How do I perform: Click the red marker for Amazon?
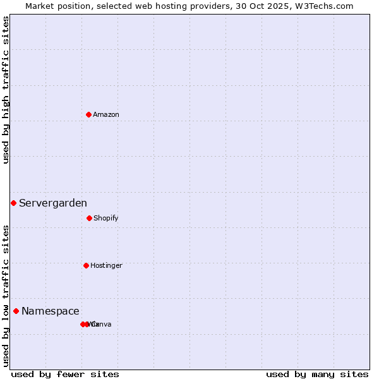click(88, 114)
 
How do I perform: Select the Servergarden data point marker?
click(13, 203)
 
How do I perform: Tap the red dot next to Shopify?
click(89, 218)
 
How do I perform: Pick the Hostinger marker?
click(86, 265)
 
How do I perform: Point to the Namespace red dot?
click(16, 311)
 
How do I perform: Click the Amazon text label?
click(106, 114)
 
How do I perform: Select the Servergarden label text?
click(53, 203)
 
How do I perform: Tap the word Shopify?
click(105, 218)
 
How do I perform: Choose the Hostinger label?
click(106, 265)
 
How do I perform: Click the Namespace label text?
click(51, 311)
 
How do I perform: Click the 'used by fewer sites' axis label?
click(65, 374)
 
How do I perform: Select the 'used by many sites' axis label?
click(317, 374)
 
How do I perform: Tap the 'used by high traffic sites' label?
click(6, 90)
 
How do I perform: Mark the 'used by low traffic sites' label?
click(6, 296)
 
